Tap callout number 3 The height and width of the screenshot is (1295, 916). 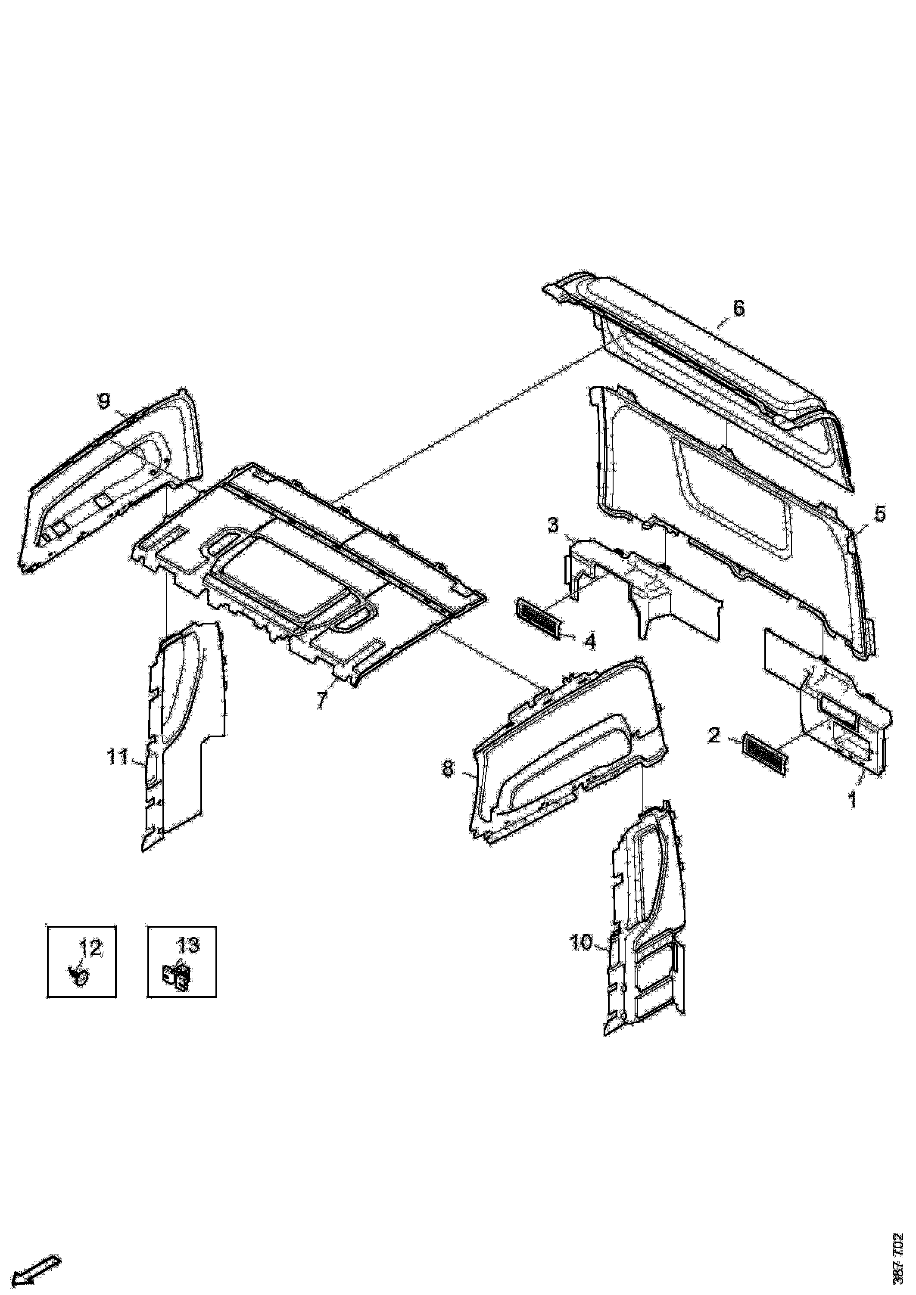click(x=553, y=525)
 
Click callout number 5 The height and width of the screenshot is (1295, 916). click(x=880, y=514)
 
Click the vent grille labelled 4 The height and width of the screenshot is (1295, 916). click(x=540, y=618)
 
